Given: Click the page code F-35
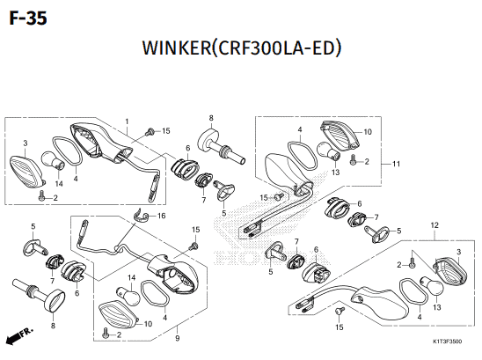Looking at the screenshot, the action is coord(28,18).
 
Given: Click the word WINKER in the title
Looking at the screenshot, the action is coord(177,48).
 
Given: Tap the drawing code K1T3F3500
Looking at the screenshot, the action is coord(447,342).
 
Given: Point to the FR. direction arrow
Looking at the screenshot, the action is coord(19,336).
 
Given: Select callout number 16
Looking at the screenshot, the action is coord(161,216).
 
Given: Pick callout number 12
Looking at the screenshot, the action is coord(435,225).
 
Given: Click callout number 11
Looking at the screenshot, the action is coord(396,164).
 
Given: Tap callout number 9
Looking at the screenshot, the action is coord(178,339).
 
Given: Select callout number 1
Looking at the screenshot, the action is coord(127,121).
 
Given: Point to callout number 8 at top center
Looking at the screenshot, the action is coord(211,118).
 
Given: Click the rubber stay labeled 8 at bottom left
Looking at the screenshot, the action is coord(38,295).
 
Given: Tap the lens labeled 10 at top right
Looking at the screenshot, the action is coord(340,136).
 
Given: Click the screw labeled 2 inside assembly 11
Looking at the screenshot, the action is coord(353,159).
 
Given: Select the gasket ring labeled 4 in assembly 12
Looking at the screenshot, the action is coord(413,293).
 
